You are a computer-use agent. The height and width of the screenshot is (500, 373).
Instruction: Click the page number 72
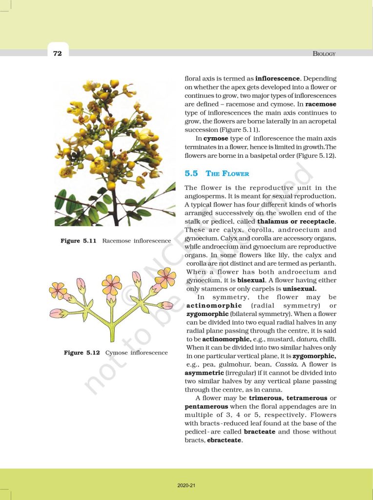pos(58,53)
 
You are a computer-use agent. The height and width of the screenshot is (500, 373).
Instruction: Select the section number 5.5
pos(191,173)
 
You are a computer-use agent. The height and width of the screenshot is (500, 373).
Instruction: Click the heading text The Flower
pos(228,174)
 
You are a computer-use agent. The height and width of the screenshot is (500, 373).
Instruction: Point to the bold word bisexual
pos(251,281)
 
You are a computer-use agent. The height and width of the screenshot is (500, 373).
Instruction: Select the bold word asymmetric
pos(204,373)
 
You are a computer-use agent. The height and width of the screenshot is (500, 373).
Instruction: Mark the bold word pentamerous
pos(206,406)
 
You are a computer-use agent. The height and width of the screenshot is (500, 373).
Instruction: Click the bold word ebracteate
pos(225,440)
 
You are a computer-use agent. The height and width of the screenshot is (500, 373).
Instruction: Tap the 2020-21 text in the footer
pos(186,485)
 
